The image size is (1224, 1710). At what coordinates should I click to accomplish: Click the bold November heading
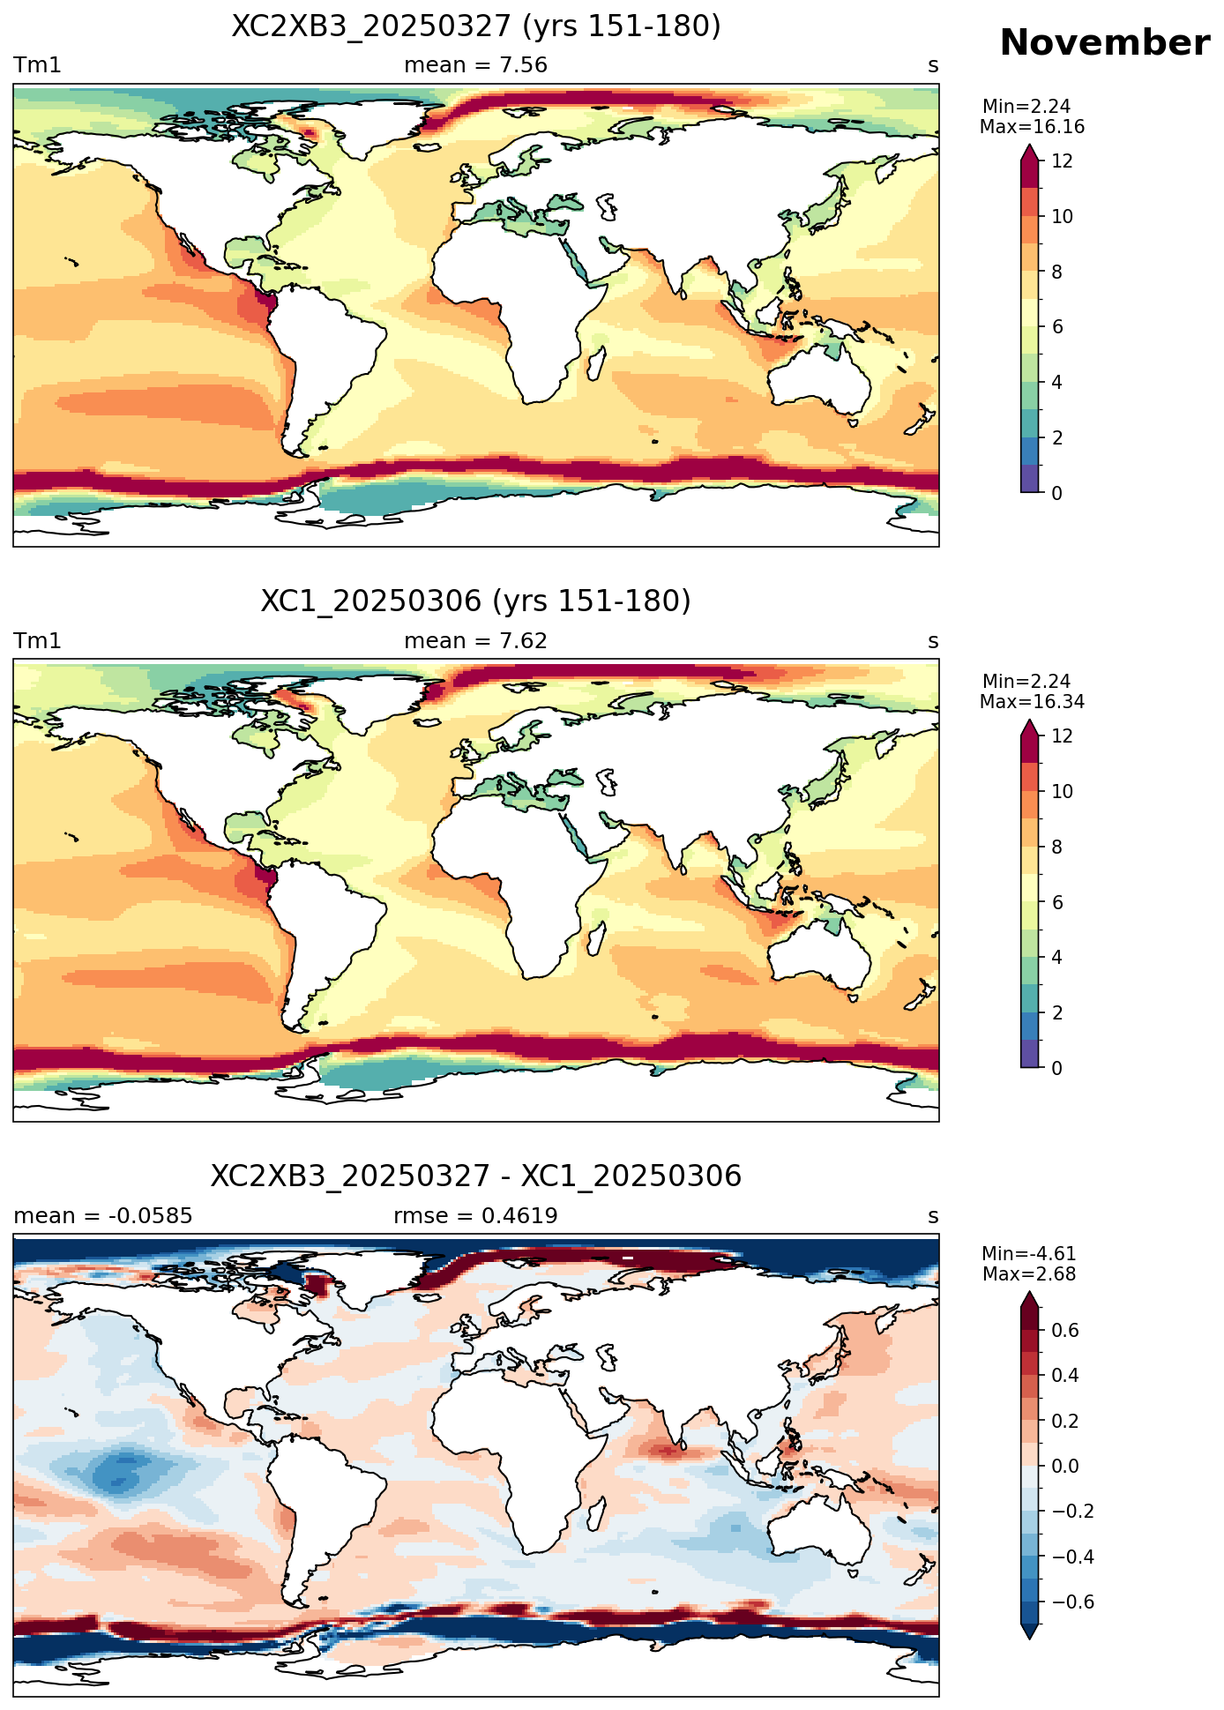[1104, 43]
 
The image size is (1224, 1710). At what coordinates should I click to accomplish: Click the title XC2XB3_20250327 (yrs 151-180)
[476, 26]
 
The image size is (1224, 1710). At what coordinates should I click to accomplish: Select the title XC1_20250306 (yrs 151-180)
[476, 601]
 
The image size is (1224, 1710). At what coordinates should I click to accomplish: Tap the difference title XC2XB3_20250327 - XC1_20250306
[476, 1176]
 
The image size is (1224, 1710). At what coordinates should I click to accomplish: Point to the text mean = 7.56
[475, 65]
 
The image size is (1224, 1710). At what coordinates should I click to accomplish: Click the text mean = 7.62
[475, 641]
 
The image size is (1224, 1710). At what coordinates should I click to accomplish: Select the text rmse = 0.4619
[475, 1216]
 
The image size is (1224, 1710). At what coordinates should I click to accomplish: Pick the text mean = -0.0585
[103, 1216]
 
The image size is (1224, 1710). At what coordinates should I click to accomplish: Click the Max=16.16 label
[1032, 127]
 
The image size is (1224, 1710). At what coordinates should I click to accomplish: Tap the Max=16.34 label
[1032, 702]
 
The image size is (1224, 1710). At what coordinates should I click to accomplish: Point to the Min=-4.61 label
[1029, 1254]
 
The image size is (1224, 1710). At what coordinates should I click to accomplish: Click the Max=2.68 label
[1029, 1274]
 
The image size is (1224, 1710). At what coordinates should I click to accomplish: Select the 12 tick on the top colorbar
[1062, 161]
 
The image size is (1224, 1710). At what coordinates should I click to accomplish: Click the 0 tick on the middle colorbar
[1056, 1068]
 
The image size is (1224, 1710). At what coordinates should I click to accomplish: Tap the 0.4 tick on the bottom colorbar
[1065, 1376]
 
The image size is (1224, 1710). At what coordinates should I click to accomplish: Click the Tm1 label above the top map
[37, 65]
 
